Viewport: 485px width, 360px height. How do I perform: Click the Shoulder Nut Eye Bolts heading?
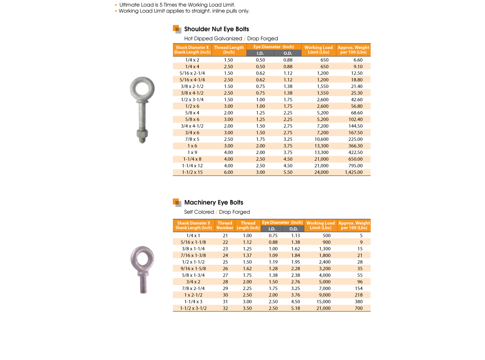(216, 29)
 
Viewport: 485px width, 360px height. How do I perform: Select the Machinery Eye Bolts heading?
(214, 202)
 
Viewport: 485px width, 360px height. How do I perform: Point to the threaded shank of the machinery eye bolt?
(143, 285)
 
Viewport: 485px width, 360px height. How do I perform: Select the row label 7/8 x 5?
(192, 139)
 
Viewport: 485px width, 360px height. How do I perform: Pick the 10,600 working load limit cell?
(322, 139)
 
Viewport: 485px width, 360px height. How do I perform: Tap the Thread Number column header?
(225, 226)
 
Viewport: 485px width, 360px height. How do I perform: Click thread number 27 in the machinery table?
(225, 275)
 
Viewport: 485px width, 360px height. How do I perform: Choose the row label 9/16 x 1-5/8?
(194, 269)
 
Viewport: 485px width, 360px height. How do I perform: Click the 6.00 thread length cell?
(228, 172)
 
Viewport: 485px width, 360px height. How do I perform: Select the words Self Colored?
(199, 212)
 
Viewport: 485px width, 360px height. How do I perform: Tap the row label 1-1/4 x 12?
(192, 166)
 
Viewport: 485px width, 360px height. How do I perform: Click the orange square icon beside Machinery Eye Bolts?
(177, 202)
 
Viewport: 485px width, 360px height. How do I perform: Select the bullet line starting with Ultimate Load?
(177, 5)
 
